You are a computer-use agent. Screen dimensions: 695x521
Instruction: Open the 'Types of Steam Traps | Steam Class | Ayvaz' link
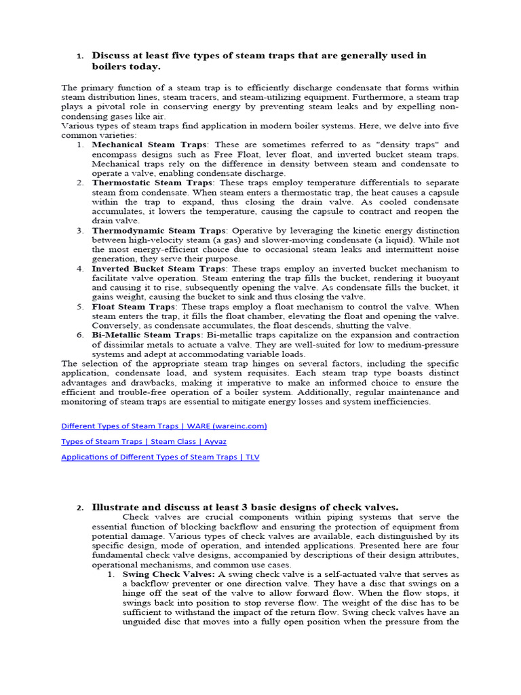click(144, 441)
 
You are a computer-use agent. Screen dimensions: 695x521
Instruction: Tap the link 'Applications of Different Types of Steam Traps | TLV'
click(160, 457)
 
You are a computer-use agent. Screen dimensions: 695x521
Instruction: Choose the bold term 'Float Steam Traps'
click(134, 307)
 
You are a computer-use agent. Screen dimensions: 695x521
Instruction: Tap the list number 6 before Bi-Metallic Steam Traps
click(79, 335)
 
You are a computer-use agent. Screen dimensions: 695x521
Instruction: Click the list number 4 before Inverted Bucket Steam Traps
click(79, 269)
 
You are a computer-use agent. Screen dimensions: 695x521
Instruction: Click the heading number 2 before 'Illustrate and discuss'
click(79, 508)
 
